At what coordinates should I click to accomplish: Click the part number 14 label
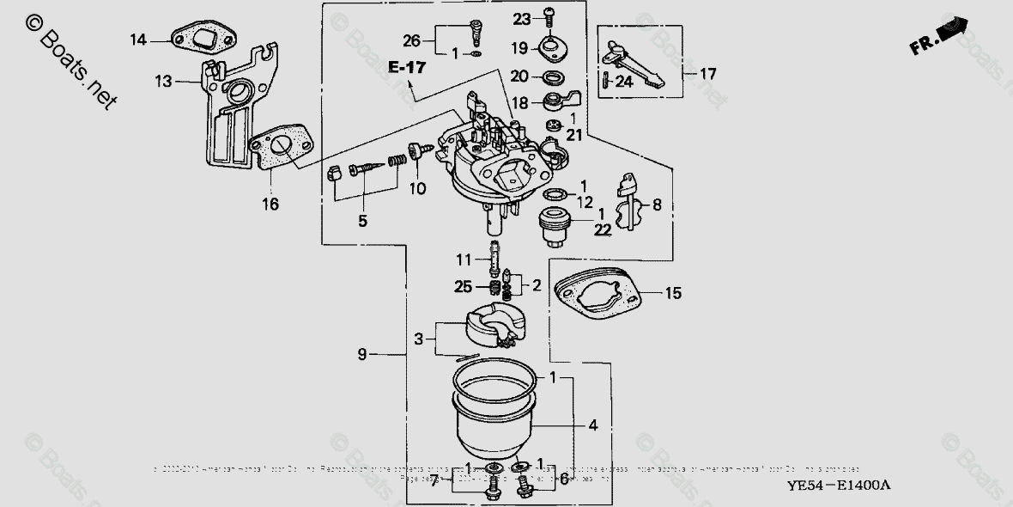coord(138,39)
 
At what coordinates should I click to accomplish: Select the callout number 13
coord(163,82)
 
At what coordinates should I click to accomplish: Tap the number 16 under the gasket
coord(270,205)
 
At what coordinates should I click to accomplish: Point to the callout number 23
coord(523,19)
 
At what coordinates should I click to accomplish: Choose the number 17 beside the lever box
coord(707,74)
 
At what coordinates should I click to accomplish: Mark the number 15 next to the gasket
coord(673,294)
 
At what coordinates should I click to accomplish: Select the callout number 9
coord(362,353)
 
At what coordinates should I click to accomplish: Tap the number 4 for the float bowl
coord(592,425)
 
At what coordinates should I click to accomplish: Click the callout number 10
coord(416,187)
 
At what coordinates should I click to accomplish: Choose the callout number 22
coord(601,229)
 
